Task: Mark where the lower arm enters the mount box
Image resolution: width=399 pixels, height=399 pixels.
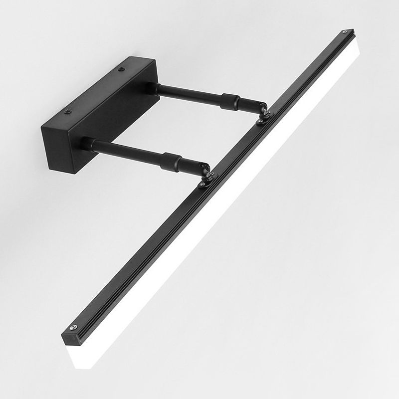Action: tap(86, 144)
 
